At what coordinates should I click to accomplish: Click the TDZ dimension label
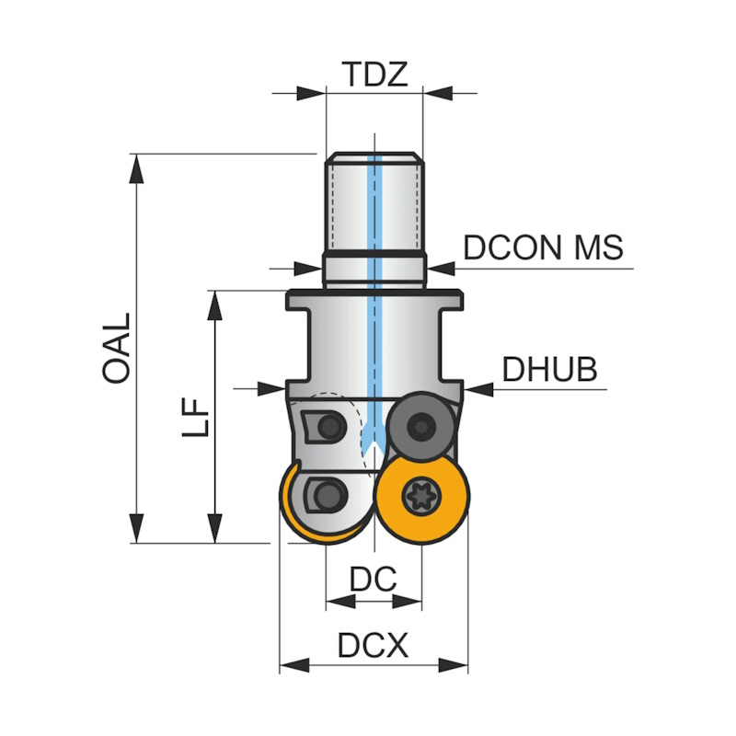pos(374,74)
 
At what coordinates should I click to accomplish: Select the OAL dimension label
pos(117,347)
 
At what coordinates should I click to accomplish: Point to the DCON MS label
pos(543,247)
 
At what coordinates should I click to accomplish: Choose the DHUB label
pos(549,369)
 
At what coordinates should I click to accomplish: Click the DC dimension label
pos(374,579)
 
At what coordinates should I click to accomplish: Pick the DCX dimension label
pos(373,646)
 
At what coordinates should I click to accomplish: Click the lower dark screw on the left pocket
pos(328,494)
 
